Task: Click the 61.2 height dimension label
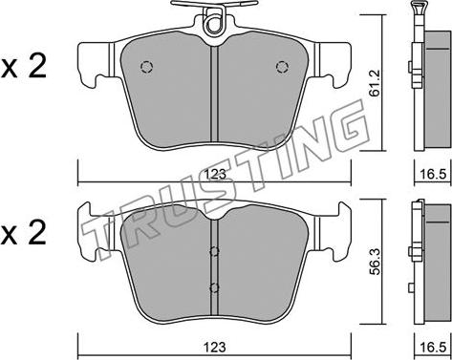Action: tap(376, 83)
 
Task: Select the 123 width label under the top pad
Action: tap(215, 174)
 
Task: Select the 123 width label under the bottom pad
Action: tap(215, 347)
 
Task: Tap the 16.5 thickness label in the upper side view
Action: tap(433, 174)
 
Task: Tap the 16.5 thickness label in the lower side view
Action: tap(433, 347)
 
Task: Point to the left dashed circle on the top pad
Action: tap(146, 67)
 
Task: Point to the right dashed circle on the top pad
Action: tap(282, 67)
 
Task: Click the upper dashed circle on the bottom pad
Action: tap(214, 252)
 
